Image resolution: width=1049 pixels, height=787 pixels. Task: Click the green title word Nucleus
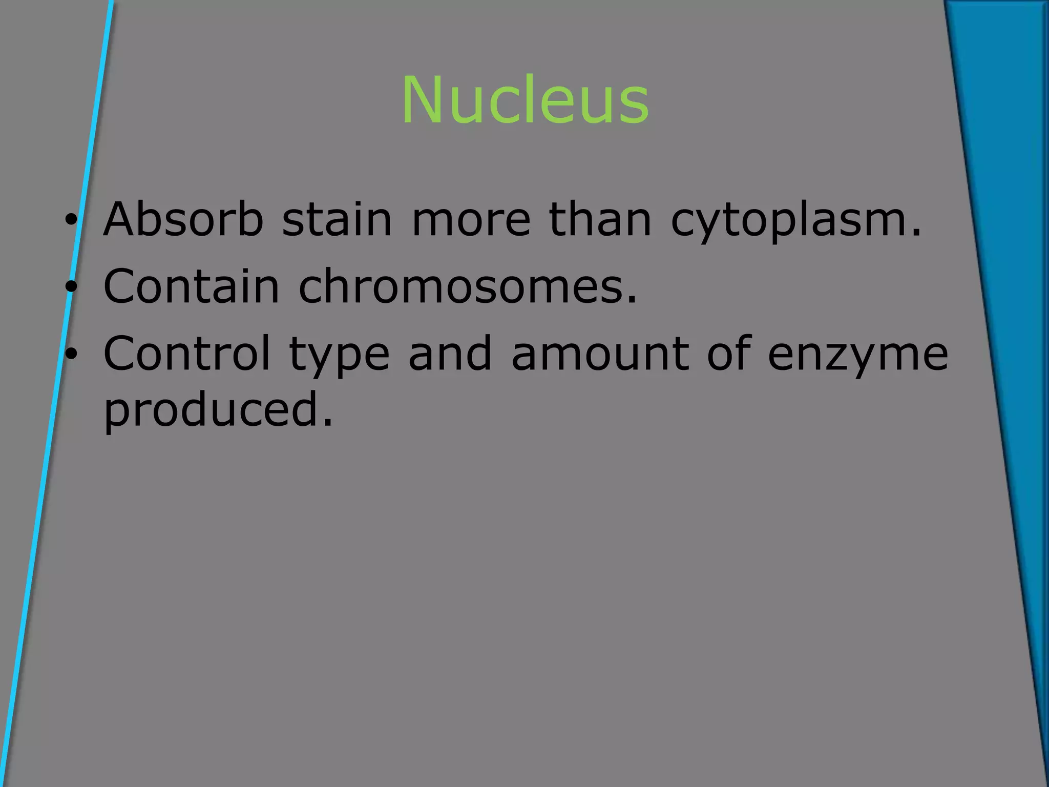click(525, 100)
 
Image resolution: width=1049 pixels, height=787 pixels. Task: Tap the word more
click(471, 220)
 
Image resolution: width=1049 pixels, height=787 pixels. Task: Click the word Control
click(186, 353)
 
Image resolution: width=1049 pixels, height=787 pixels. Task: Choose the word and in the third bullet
click(450, 353)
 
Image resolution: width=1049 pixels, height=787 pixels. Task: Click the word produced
click(212, 410)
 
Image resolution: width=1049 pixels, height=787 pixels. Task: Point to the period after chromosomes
click(632, 300)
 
